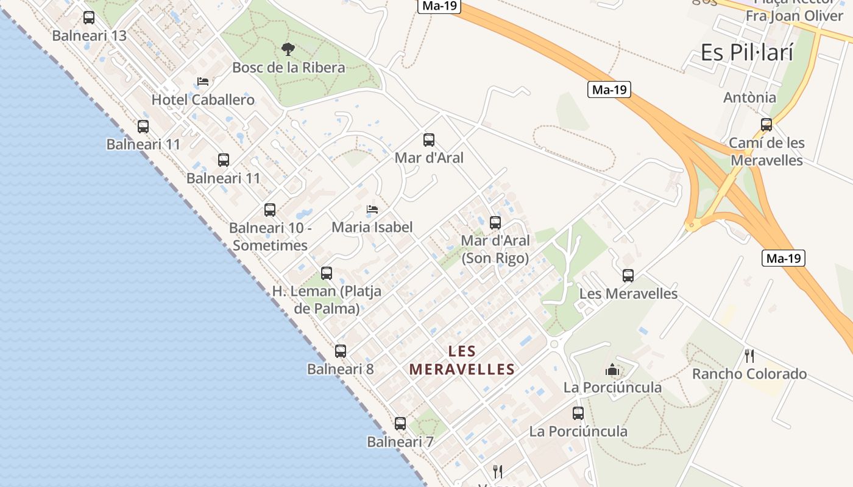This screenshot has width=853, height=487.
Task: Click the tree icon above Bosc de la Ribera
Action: [x=288, y=49]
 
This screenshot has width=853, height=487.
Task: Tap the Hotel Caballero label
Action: [x=203, y=100]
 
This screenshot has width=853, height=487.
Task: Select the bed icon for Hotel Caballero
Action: [x=203, y=82]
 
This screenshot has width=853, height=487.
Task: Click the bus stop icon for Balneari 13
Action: [x=89, y=18]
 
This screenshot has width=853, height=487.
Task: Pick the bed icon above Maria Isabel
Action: [x=372, y=210]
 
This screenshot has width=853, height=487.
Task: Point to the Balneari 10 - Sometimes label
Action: [x=271, y=237]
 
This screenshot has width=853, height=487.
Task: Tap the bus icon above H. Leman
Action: [x=327, y=273]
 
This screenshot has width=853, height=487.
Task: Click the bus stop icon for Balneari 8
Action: [x=341, y=351]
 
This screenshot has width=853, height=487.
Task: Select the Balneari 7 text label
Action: [x=400, y=442]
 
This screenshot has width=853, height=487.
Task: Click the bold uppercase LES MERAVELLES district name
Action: [x=462, y=360]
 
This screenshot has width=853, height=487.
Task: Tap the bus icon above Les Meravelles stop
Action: [x=628, y=276]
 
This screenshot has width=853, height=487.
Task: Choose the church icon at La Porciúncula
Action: [x=612, y=370]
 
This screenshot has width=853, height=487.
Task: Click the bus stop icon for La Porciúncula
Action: [x=578, y=413]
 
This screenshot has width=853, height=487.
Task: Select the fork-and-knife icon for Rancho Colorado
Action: [x=749, y=356]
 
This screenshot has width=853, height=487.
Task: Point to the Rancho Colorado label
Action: [x=749, y=374]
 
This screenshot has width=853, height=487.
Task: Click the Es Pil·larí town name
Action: [x=747, y=53]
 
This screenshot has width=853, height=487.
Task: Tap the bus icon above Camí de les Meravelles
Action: [x=766, y=125]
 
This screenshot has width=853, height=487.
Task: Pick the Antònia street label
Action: [x=749, y=97]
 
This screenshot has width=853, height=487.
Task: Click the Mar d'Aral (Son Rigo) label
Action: [x=495, y=249]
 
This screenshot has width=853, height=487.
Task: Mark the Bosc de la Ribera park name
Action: [x=289, y=68]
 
